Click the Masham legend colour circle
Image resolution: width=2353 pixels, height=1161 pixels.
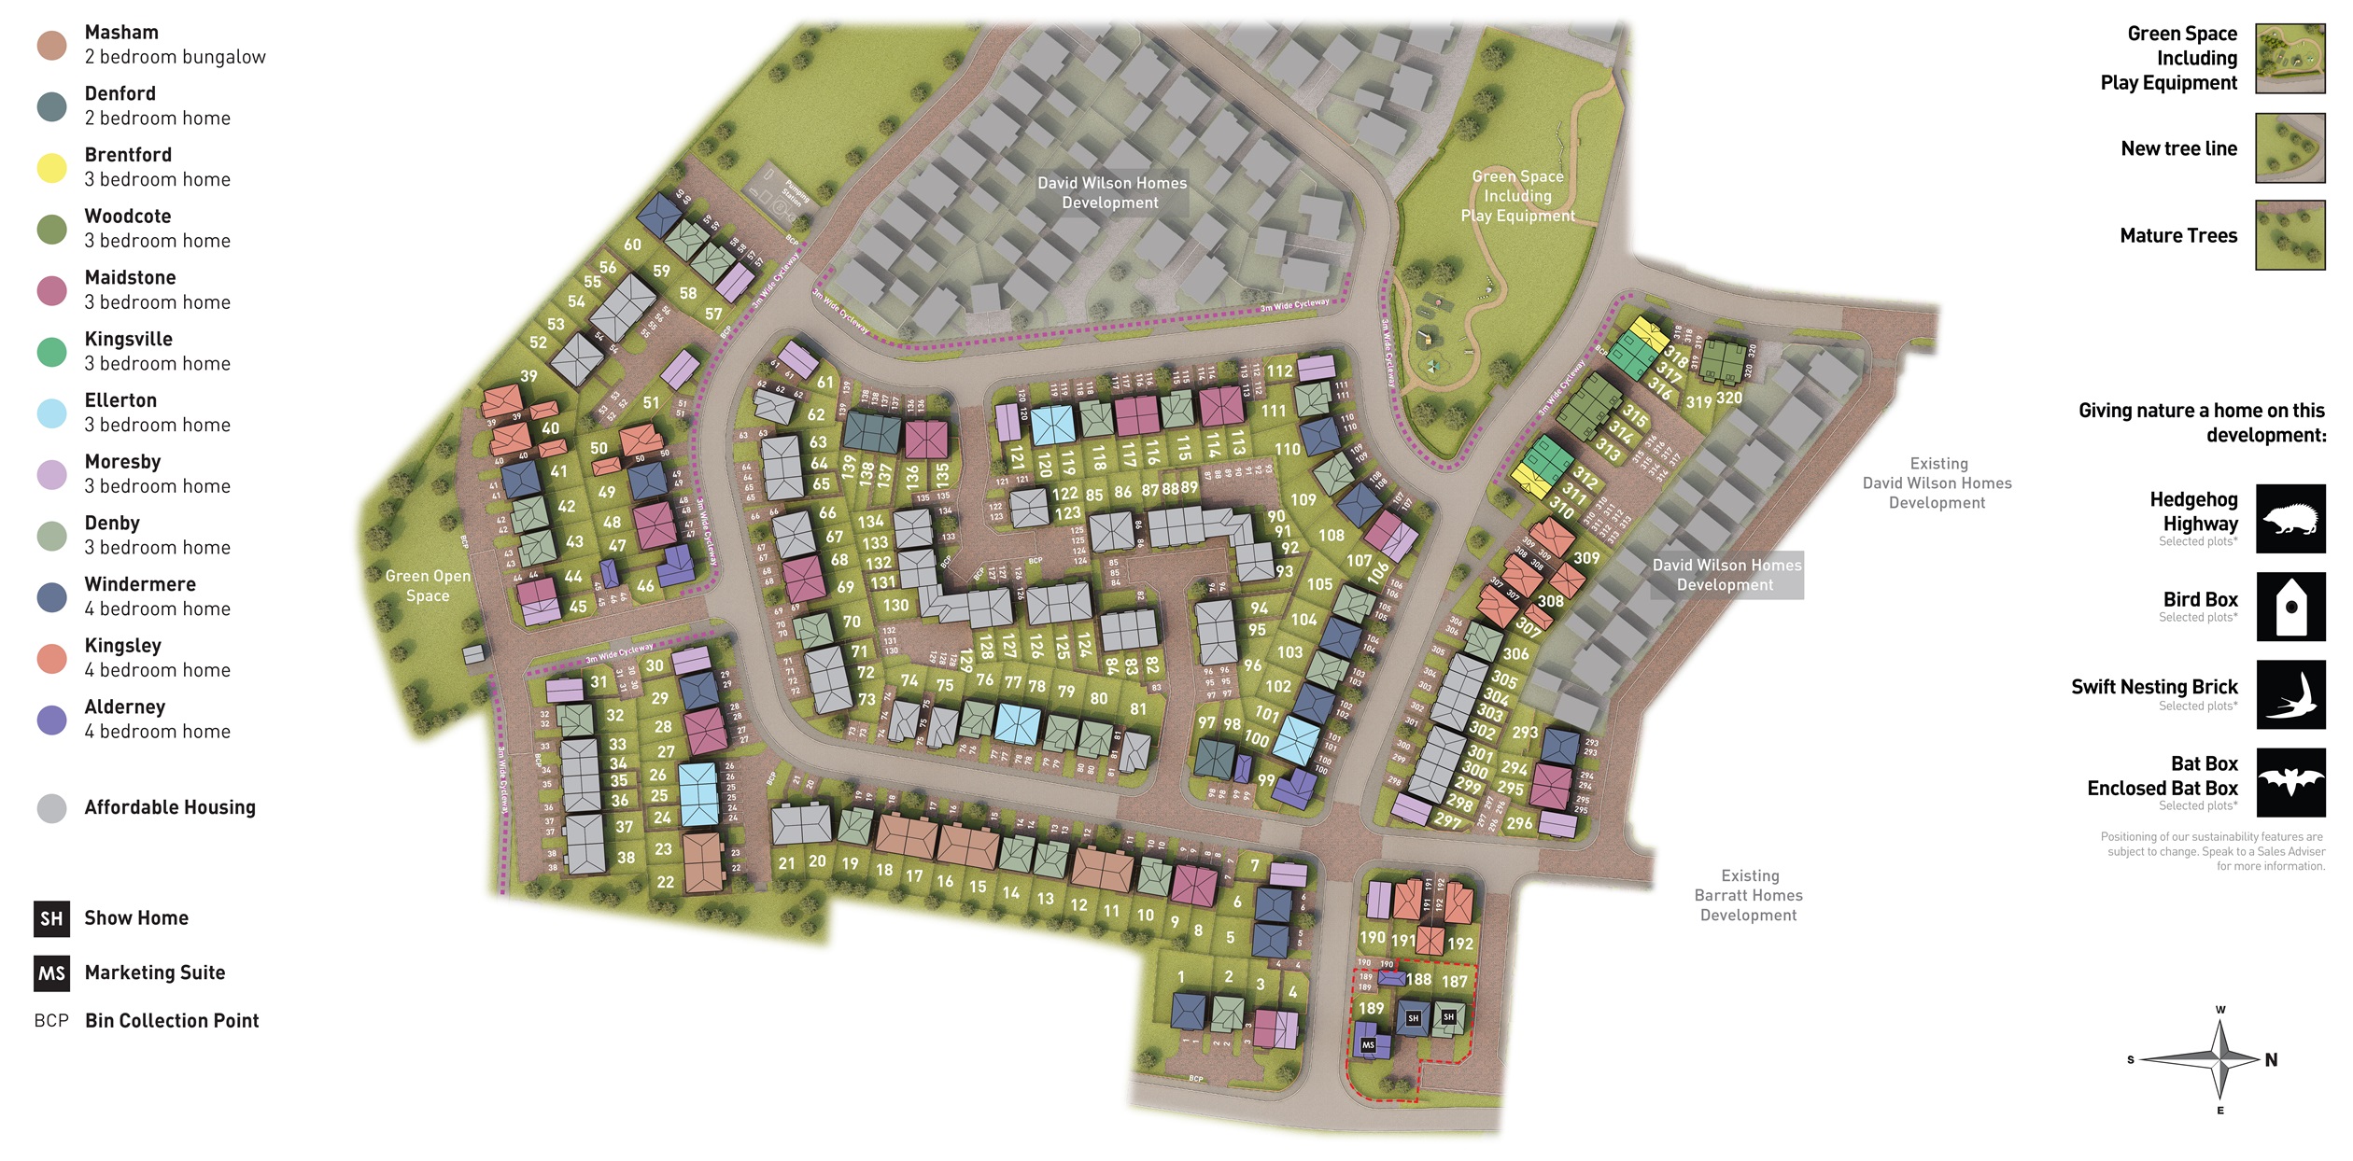(51, 45)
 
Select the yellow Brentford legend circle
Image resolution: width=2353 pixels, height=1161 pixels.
(51, 168)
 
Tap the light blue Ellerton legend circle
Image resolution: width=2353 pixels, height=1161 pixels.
(51, 413)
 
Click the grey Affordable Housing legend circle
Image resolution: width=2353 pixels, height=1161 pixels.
(51, 808)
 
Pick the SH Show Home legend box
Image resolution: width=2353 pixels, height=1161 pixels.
(51, 918)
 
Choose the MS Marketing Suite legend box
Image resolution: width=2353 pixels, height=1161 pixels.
(51, 973)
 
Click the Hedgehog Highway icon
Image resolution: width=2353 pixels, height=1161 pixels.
(2290, 519)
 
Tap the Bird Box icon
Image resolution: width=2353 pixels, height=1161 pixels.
(2290, 607)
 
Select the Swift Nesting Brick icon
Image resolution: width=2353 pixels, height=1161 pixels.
(2290, 694)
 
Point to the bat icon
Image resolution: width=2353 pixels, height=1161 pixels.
(2290, 782)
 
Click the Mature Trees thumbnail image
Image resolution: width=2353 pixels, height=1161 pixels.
(2290, 235)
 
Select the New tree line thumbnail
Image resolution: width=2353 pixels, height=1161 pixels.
(2290, 147)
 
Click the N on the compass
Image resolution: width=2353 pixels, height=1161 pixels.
(2271, 1060)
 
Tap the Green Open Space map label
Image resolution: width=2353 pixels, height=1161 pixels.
(428, 586)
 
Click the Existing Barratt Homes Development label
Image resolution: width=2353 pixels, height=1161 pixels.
(1749, 895)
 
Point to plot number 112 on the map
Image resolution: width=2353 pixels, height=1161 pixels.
(1279, 371)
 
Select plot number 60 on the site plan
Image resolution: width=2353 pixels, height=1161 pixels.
(632, 245)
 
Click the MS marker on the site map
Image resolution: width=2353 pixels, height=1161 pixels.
(1368, 1045)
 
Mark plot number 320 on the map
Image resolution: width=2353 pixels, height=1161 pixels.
(1728, 398)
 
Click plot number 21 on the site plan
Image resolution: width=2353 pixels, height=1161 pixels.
(786, 863)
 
